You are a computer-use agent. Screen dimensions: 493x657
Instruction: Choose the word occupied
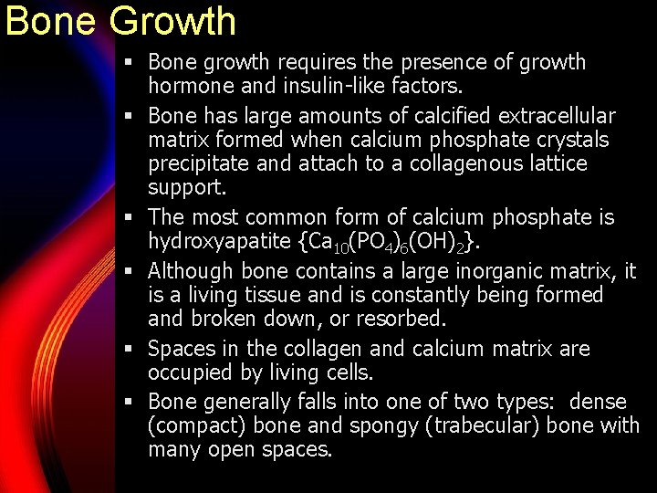click(189, 373)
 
